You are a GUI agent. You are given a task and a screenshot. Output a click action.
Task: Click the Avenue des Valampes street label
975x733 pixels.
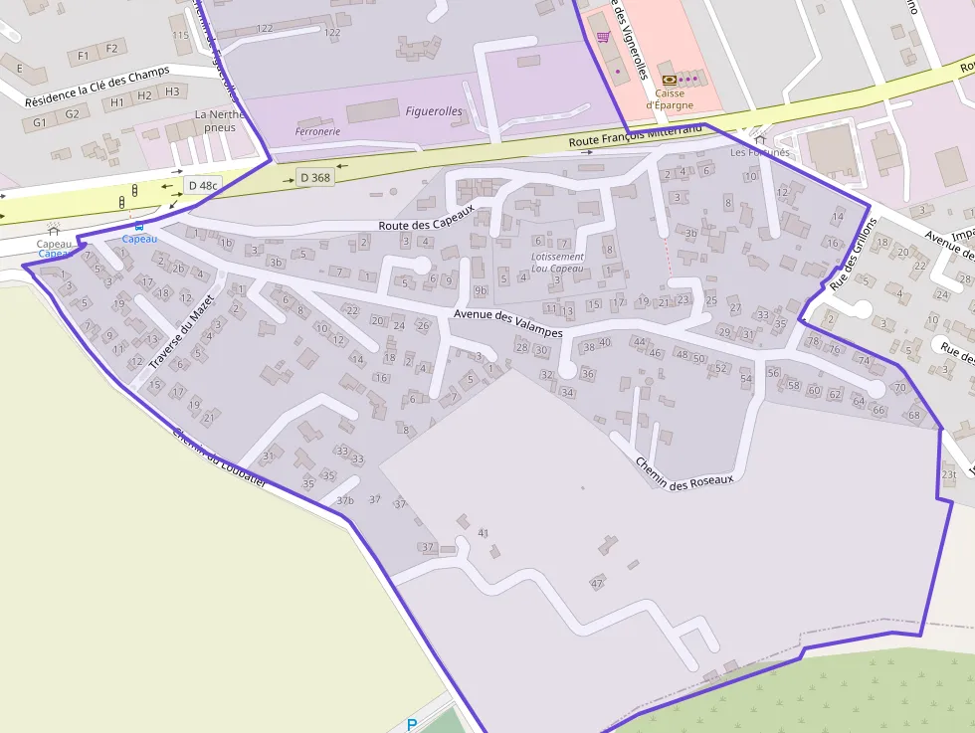coord(507,324)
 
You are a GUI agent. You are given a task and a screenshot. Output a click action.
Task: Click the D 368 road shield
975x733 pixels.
coord(314,177)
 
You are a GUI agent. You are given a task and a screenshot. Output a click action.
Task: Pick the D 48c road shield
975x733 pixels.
coord(202,185)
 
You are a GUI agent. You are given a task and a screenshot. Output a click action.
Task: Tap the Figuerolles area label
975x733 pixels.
coord(434,111)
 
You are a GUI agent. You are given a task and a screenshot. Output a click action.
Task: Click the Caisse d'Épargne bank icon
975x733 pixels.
coord(669,79)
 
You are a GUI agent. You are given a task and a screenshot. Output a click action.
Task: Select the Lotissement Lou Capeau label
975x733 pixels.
coord(557,263)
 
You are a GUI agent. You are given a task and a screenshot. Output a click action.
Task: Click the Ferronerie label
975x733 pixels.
coord(318,131)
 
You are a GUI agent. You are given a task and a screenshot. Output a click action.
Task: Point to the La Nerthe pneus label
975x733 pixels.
coord(219,121)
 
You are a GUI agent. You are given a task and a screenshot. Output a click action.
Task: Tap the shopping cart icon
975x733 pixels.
coord(603,37)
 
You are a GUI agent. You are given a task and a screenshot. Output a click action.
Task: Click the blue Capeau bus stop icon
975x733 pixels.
coord(139,228)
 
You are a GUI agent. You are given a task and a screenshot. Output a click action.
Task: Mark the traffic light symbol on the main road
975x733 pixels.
coord(122,202)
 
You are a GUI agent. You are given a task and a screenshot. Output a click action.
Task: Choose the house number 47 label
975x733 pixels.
coord(597,583)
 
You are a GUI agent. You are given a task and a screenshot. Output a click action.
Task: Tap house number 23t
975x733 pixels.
coord(948,474)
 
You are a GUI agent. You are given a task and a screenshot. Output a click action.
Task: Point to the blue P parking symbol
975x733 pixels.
coord(411,725)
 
